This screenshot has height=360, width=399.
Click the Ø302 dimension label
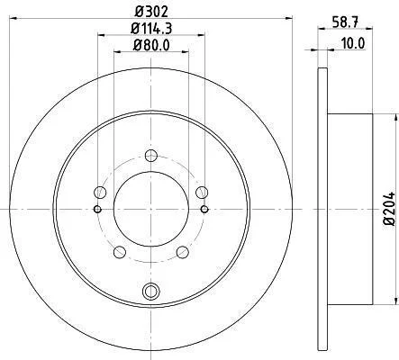[x=151, y=12]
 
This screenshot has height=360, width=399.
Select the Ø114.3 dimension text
[x=151, y=29]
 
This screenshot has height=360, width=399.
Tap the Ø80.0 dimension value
[x=151, y=45]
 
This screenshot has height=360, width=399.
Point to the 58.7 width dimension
[x=345, y=22]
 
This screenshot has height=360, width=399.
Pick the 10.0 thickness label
[x=353, y=43]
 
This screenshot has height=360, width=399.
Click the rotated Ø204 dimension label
[x=389, y=208]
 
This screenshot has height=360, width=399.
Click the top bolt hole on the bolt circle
[x=151, y=156]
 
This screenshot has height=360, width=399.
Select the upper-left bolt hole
[x=100, y=193]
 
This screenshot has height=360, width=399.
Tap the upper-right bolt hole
[x=202, y=193]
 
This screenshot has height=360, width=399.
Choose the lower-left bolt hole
[x=120, y=252]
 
